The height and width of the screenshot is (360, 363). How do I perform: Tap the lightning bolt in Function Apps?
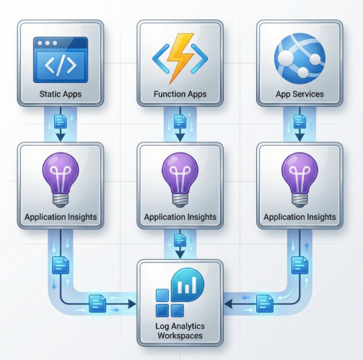tap(180, 60)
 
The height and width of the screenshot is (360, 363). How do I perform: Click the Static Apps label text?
tap(60, 95)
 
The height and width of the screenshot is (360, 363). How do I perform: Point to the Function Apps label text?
tap(180, 95)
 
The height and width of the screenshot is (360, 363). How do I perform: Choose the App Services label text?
tap(299, 95)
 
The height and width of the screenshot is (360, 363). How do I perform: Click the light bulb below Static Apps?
tap(60, 177)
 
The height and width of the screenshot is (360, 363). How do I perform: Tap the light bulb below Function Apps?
tap(180, 177)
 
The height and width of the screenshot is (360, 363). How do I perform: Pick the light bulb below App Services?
tap(299, 177)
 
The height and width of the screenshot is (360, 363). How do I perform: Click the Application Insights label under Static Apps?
tap(60, 216)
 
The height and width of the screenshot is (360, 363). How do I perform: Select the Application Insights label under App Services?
tap(299, 216)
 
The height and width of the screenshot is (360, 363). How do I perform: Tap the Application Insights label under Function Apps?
tap(180, 216)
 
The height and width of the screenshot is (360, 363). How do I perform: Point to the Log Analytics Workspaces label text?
tap(180, 331)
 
